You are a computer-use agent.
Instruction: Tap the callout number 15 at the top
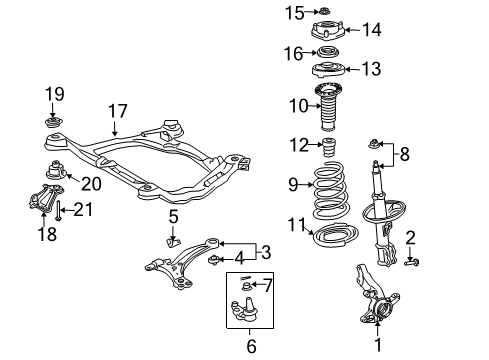[293, 12]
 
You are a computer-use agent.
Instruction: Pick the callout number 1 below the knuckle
[378, 346]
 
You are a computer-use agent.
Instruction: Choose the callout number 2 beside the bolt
[410, 236]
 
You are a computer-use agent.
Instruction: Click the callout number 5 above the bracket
[172, 216]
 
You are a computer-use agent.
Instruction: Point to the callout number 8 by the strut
[404, 155]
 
